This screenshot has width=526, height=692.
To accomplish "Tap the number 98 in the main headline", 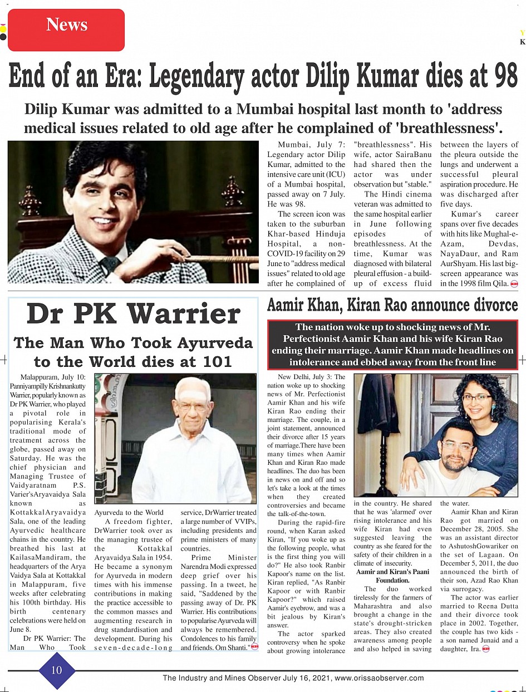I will tap(498, 76).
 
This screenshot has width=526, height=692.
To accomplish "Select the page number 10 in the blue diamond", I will tap(57, 670).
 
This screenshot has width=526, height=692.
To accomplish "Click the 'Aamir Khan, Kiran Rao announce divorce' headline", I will tap(392, 306).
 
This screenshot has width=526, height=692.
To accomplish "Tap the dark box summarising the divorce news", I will tap(392, 345).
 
